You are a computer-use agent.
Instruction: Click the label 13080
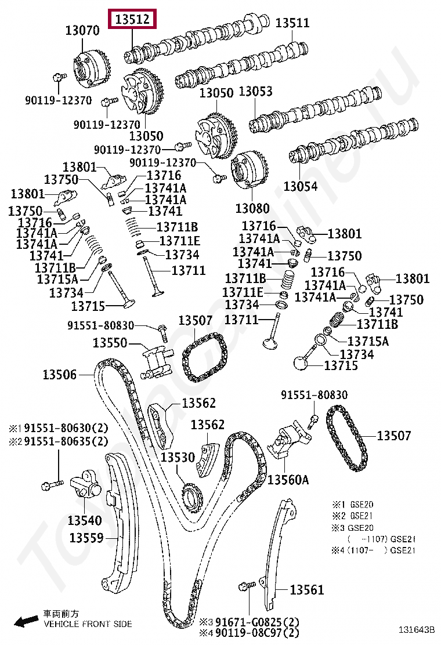[251, 207]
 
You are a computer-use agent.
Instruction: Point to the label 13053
[255, 92]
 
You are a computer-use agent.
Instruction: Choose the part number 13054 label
[301, 186]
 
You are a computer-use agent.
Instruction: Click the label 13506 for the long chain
[59, 375]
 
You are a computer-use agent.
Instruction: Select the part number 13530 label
[178, 458]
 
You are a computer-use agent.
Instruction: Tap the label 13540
[84, 520]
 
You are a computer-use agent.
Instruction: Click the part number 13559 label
[86, 538]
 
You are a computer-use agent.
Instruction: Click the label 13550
[110, 343]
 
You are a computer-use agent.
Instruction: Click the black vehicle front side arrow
[26, 622]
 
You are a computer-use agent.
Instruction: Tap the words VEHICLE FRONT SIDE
[88, 624]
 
